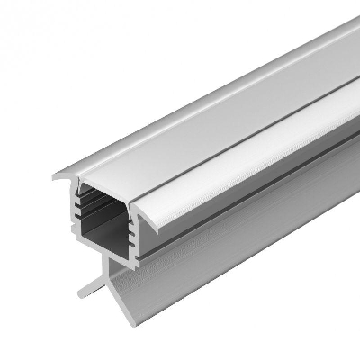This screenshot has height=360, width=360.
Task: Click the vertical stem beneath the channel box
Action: click(x=112, y=270)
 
